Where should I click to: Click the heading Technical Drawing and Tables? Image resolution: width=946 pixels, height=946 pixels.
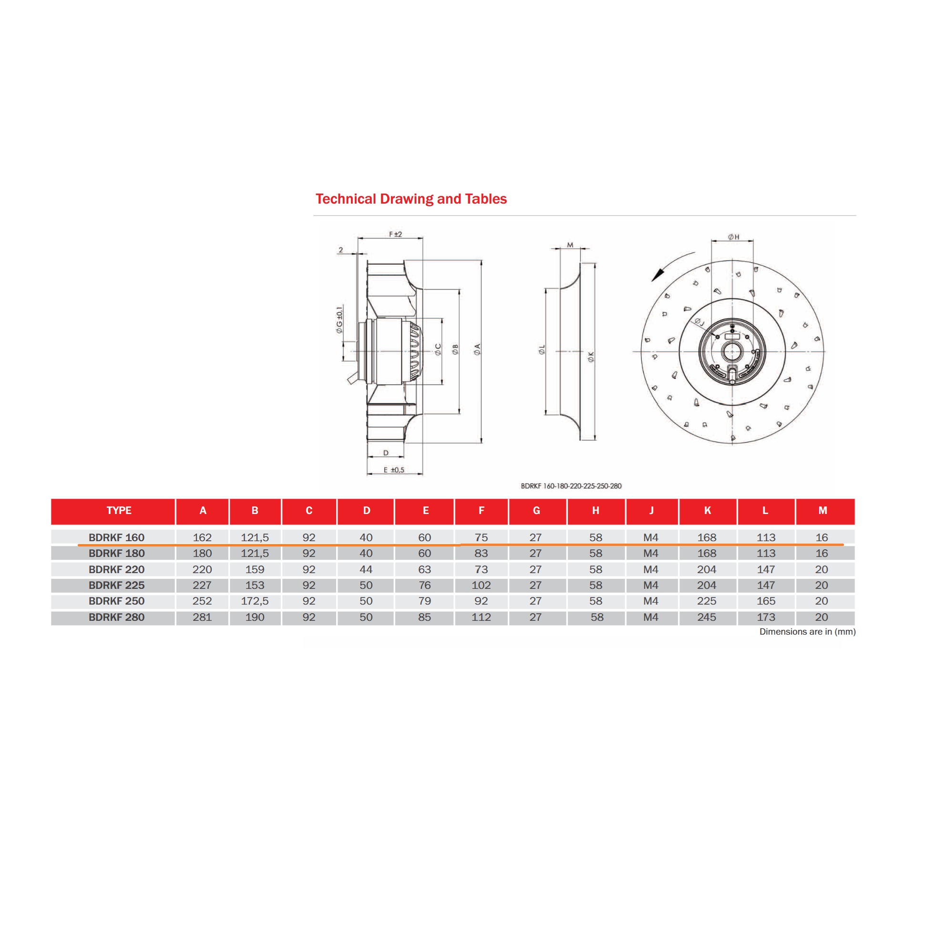[411, 199]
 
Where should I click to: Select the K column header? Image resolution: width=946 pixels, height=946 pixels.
[707, 511]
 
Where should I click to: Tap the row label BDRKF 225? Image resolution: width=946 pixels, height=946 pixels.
[116, 585]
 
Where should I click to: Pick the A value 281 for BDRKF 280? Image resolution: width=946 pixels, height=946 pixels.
[202, 617]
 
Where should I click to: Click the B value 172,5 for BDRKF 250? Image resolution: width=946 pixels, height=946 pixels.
[255, 601]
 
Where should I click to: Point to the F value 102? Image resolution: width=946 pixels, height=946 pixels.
[481, 585]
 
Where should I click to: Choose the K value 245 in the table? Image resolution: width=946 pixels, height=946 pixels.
[707, 617]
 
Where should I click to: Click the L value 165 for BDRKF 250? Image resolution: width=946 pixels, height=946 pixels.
[766, 601]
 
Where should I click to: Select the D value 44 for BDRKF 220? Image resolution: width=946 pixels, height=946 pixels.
[366, 569]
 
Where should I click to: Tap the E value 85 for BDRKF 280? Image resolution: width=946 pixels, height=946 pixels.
[424, 617]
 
